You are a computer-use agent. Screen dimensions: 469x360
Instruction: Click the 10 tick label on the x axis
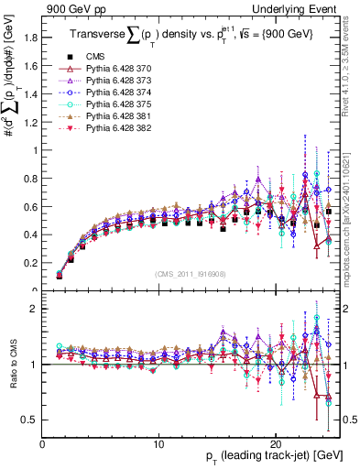coord(158,443)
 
